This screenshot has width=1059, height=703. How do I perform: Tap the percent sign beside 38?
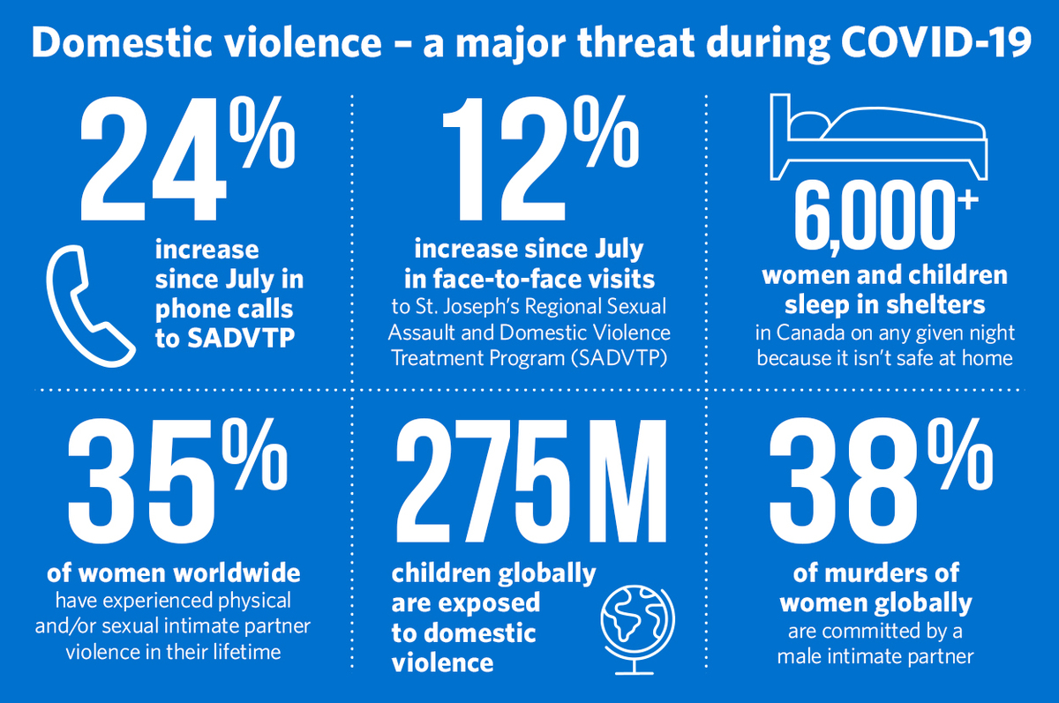[961, 455]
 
